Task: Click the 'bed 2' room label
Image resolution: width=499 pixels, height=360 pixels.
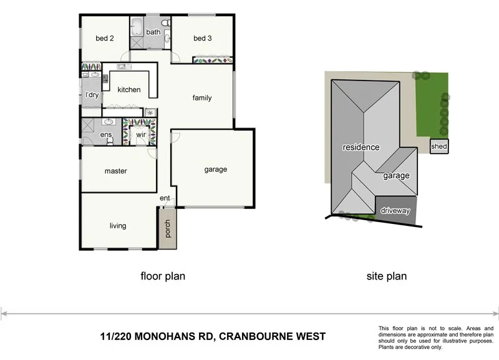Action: coord(104,39)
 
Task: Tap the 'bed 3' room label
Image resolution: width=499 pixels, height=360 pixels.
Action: coord(203,39)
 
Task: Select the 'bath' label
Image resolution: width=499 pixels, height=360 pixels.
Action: coord(153,32)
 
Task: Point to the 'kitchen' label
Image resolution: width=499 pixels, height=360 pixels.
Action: coord(129,90)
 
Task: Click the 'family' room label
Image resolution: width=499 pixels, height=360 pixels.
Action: coord(202,98)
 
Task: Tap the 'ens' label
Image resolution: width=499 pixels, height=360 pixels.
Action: coord(106,135)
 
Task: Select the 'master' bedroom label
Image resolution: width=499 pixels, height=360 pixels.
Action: coord(116,171)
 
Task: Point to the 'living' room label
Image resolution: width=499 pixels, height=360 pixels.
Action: coord(118,226)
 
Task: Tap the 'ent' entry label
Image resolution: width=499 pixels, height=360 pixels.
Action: coord(165,198)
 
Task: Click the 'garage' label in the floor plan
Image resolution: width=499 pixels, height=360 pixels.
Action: coord(216,169)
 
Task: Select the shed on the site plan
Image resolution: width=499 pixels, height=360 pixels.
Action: coord(439,147)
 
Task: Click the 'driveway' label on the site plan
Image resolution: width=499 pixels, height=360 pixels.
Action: coord(395,211)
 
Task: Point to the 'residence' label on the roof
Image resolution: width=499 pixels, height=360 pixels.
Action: coord(361,148)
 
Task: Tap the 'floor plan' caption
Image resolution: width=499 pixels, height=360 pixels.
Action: coord(163,275)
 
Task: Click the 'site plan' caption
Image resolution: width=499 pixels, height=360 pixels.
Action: coord(387,275)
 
